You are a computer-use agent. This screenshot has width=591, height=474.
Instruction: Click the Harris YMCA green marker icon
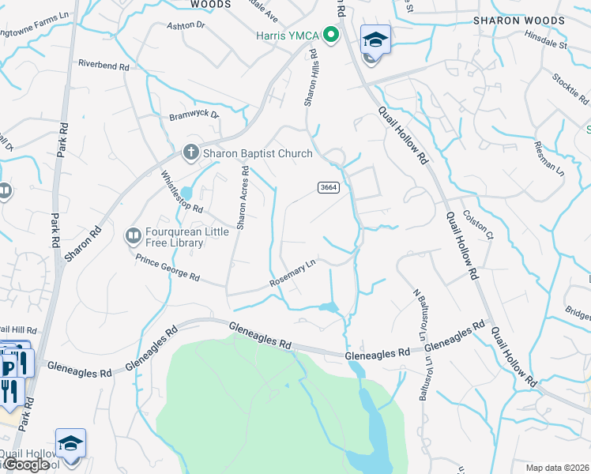333,36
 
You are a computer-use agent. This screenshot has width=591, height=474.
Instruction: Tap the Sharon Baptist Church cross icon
190,153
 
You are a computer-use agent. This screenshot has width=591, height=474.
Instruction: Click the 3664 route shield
329,187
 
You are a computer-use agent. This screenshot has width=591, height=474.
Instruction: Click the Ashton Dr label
186,26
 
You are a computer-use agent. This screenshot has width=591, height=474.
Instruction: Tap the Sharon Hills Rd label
311,78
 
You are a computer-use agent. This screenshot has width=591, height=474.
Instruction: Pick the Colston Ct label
478,224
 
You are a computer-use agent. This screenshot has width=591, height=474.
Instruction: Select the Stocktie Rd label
571,88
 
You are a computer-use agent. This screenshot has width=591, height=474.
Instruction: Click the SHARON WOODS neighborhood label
518,21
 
